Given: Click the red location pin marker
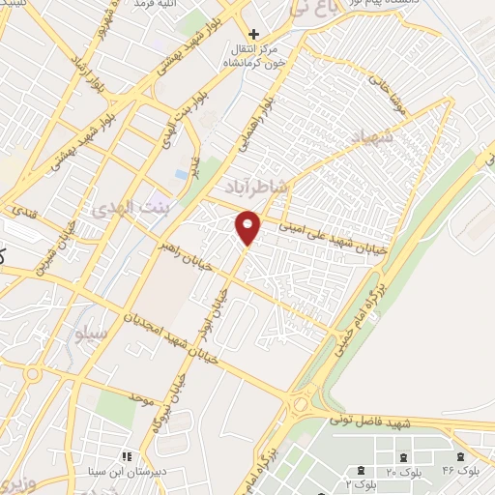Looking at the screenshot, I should tap(248, 228).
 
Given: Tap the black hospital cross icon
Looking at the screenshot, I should tap(253, 34).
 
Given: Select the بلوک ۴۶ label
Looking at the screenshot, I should tap(460, 469).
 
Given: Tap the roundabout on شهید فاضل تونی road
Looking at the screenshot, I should tap(302, 404).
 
